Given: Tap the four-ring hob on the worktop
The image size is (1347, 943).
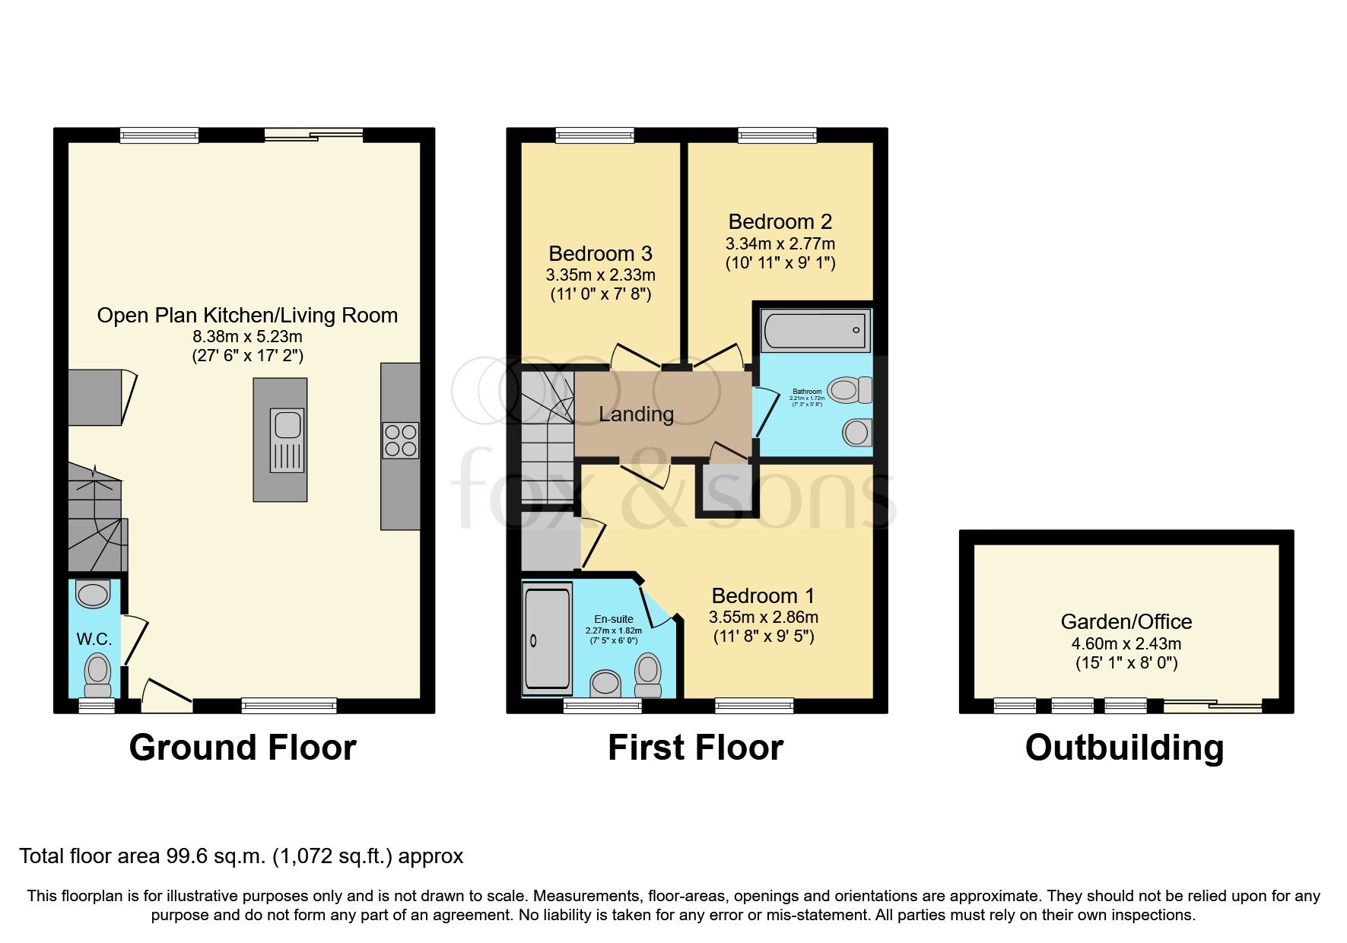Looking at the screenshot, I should [x=400, y=440].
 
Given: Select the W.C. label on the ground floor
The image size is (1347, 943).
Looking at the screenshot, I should [x=94, y=639].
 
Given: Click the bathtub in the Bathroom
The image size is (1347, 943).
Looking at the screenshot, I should [x=814, y=331].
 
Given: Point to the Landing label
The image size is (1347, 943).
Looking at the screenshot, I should [x=636, y=414].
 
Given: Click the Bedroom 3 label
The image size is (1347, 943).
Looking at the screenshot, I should [x=600, y=253].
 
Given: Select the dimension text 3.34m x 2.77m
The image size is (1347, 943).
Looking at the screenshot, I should [x=780, y=244].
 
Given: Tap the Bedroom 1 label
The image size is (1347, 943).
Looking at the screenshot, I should [x=763, y=595].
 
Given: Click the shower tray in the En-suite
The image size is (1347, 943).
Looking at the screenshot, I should [x=547, y=639].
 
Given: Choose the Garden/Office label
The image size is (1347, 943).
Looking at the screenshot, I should [x=1126, y=621].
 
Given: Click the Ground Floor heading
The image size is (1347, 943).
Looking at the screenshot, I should [x=243, y=747].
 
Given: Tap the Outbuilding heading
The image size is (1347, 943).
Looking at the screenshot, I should [x=1124, y=747].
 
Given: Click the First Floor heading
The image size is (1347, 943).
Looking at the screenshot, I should [x=695, y=747].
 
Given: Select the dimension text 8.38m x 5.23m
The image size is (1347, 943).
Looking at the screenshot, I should [x=247, y=336].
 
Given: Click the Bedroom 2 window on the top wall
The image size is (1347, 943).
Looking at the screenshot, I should [x=777, y=135].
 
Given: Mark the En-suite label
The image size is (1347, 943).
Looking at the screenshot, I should [x=613, y=620].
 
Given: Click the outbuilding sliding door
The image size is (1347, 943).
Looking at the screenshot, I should [x=1212, y=706].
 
